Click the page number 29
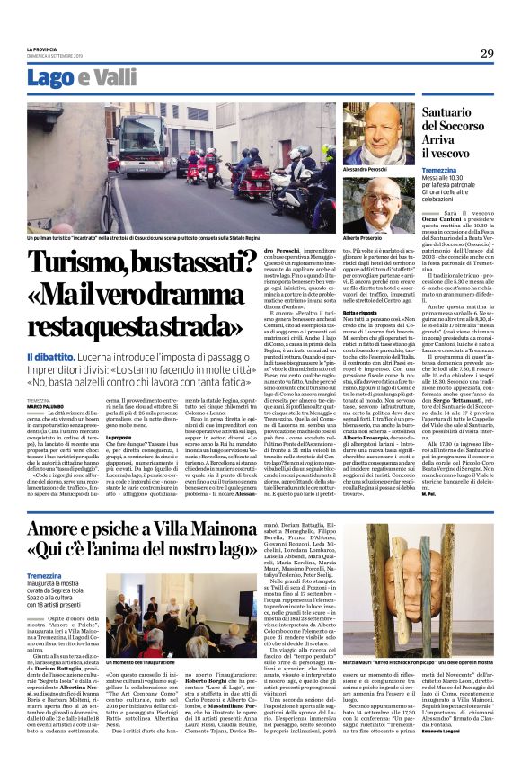[486, 54]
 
